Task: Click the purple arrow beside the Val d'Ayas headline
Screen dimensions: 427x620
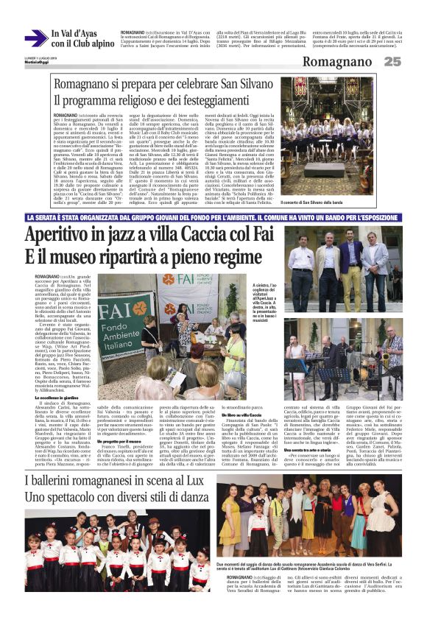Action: point(35,38)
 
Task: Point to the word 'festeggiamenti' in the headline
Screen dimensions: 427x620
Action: point(213,99)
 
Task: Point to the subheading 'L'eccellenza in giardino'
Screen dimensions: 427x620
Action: point(58,398)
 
